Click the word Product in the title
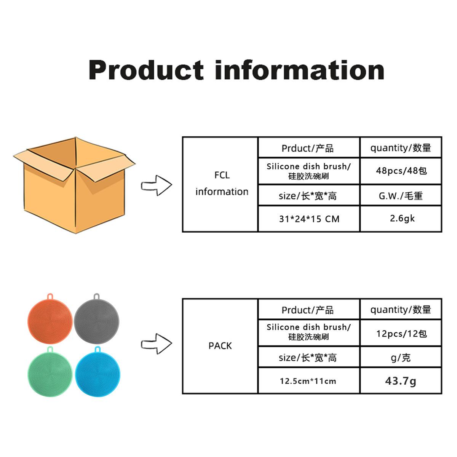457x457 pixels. coord(146,70)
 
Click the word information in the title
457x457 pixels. coord(300,70)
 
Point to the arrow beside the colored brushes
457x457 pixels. coord(157,344)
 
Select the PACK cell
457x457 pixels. coord(220,346)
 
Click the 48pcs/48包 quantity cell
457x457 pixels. coord(401,171)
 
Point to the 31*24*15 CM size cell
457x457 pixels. coord(309,219)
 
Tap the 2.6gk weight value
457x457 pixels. coord(401,219)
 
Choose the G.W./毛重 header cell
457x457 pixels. coord(401,196)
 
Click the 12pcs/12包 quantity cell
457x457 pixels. coord(401,334)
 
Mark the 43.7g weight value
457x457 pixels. coord(401,380)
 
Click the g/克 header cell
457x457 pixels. coord(401,358)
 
